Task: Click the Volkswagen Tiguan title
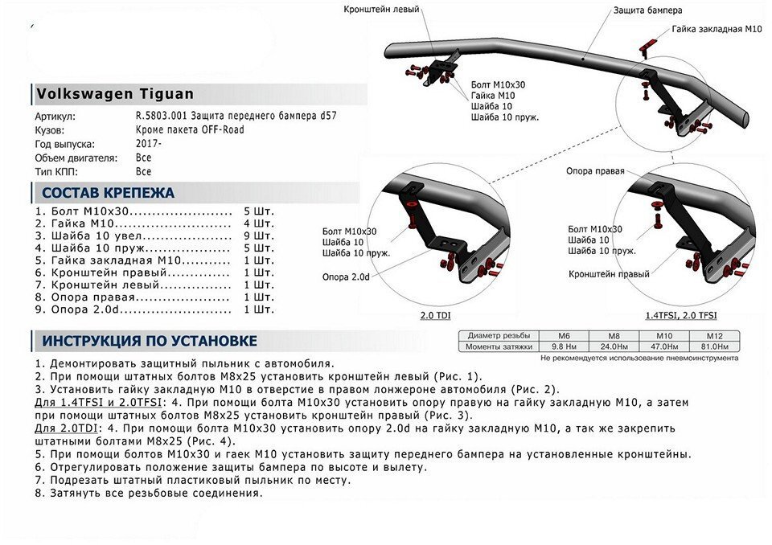[115, 93]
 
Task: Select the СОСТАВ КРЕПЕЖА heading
[109, 192]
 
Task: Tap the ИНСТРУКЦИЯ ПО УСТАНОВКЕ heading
[150, 341]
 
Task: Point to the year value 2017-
[149, 144]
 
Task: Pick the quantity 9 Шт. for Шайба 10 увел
[259, 236]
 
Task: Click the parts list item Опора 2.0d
[85, 309]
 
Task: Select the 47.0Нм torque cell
[664, 346]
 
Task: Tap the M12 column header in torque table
[714, 336]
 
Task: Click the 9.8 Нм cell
[564, 346]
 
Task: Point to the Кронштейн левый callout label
[381, 10]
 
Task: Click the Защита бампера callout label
[647, 10]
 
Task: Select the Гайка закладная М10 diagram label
[717, 30]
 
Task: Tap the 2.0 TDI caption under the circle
[435, 315]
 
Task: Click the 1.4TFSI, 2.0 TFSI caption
[681, 315]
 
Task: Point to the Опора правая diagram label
[595, 171]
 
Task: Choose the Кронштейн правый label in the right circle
[609, 274]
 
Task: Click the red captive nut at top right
[647, 46]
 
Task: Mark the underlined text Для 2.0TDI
[66, 428]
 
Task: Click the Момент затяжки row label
[499, 346]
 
